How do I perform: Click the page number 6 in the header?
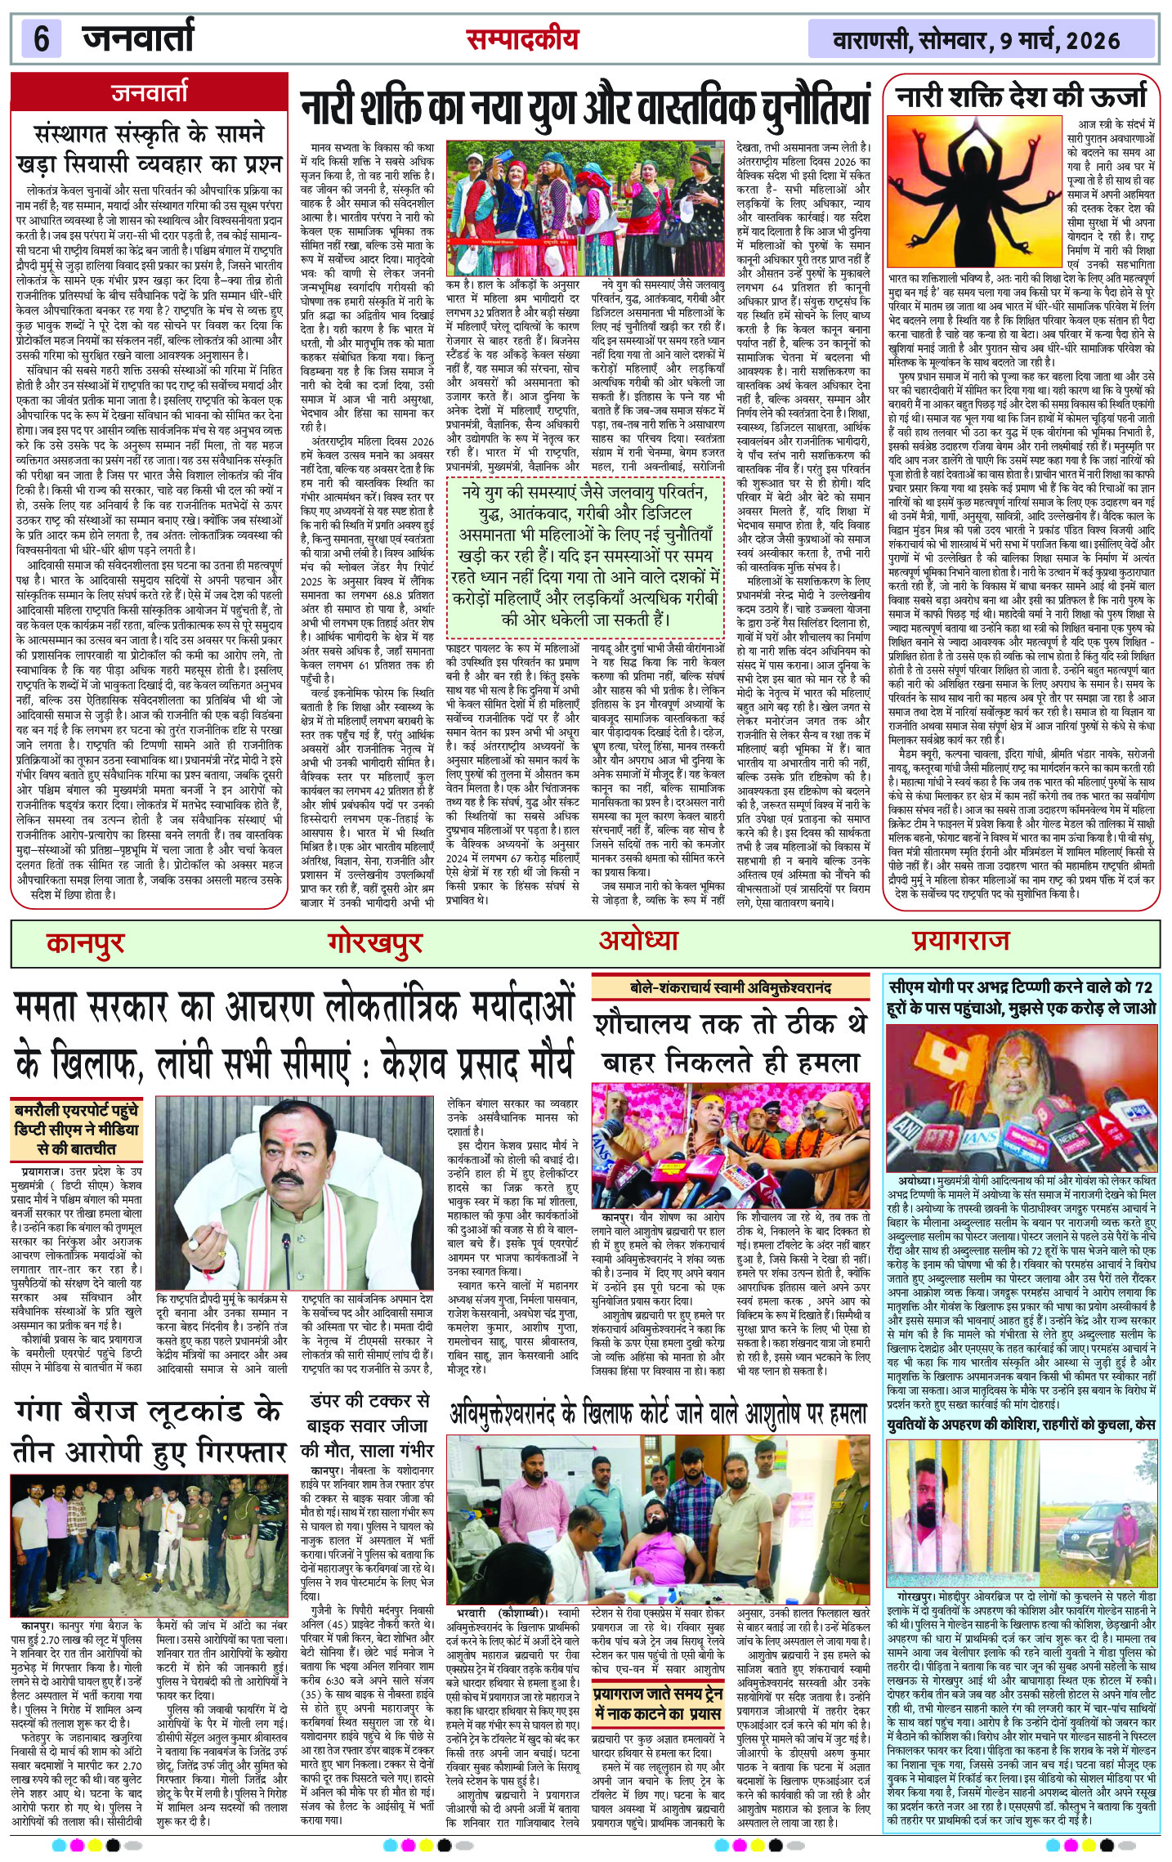pyautogui.click(x=41, y=38)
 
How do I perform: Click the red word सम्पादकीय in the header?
pyautogui.click(x=522, y=38)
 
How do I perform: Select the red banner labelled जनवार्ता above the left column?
pyautogui.click(x=150, y=92)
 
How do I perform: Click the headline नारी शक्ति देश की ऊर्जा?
pyautogui.click(x=1022, y=97)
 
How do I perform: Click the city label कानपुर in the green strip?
pyautogui.click(x=85, y=943)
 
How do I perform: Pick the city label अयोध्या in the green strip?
pyautogui.click(x=638, y=940)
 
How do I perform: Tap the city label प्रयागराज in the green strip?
pyautogui.click(x=960, y=941)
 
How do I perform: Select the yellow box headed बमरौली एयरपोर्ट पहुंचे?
pyautogui.click(x=77, y=1129)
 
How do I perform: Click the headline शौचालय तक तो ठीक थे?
pyautogui.click(x=731, y=1023)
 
